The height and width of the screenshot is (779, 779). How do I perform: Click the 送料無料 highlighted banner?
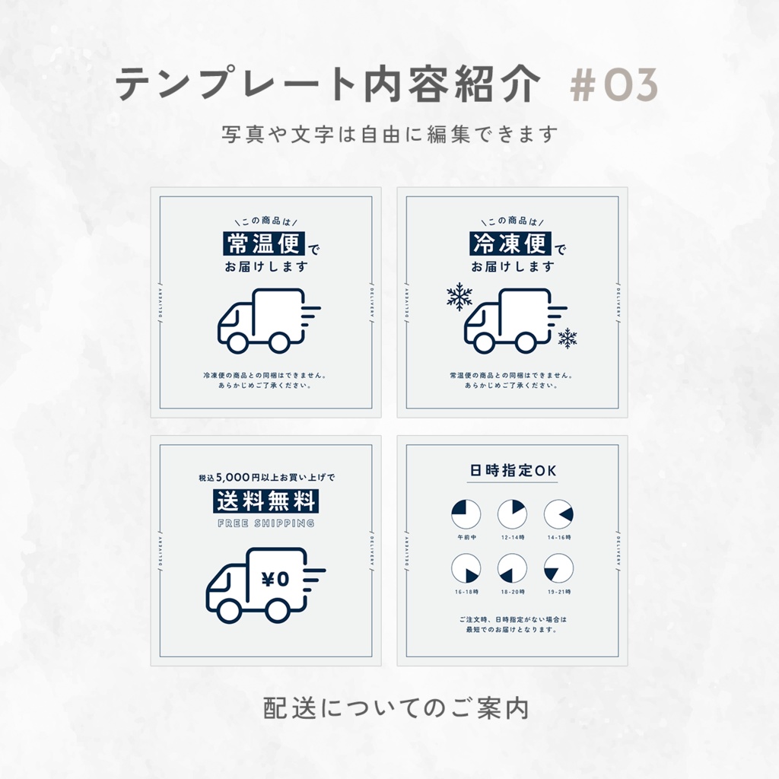pos(265,501)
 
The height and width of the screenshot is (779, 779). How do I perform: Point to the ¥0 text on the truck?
pos(275,578)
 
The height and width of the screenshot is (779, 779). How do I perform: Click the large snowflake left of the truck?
pos(459,297)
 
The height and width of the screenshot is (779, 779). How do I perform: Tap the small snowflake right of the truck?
pos(567,338)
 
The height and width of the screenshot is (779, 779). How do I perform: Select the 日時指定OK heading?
pos(514,471)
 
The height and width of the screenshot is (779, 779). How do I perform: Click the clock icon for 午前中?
pos(466,514)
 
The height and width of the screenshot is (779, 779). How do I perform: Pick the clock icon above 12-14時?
pos(512,514)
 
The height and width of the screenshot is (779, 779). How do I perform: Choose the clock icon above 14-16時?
pos(558,514)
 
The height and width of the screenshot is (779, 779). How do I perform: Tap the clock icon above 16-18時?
pos(466,568)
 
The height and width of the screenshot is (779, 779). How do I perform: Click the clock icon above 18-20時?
pos(512,568)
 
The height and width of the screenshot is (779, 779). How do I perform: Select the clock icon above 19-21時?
pos(558,568)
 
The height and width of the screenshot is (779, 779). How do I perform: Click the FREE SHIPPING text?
pos(265,523)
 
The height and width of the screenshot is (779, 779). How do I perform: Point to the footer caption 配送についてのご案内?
pos(396,707)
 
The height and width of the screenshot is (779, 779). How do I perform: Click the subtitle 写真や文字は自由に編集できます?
pos(389,135)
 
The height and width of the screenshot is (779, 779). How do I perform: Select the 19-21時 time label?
pos(558,590)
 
